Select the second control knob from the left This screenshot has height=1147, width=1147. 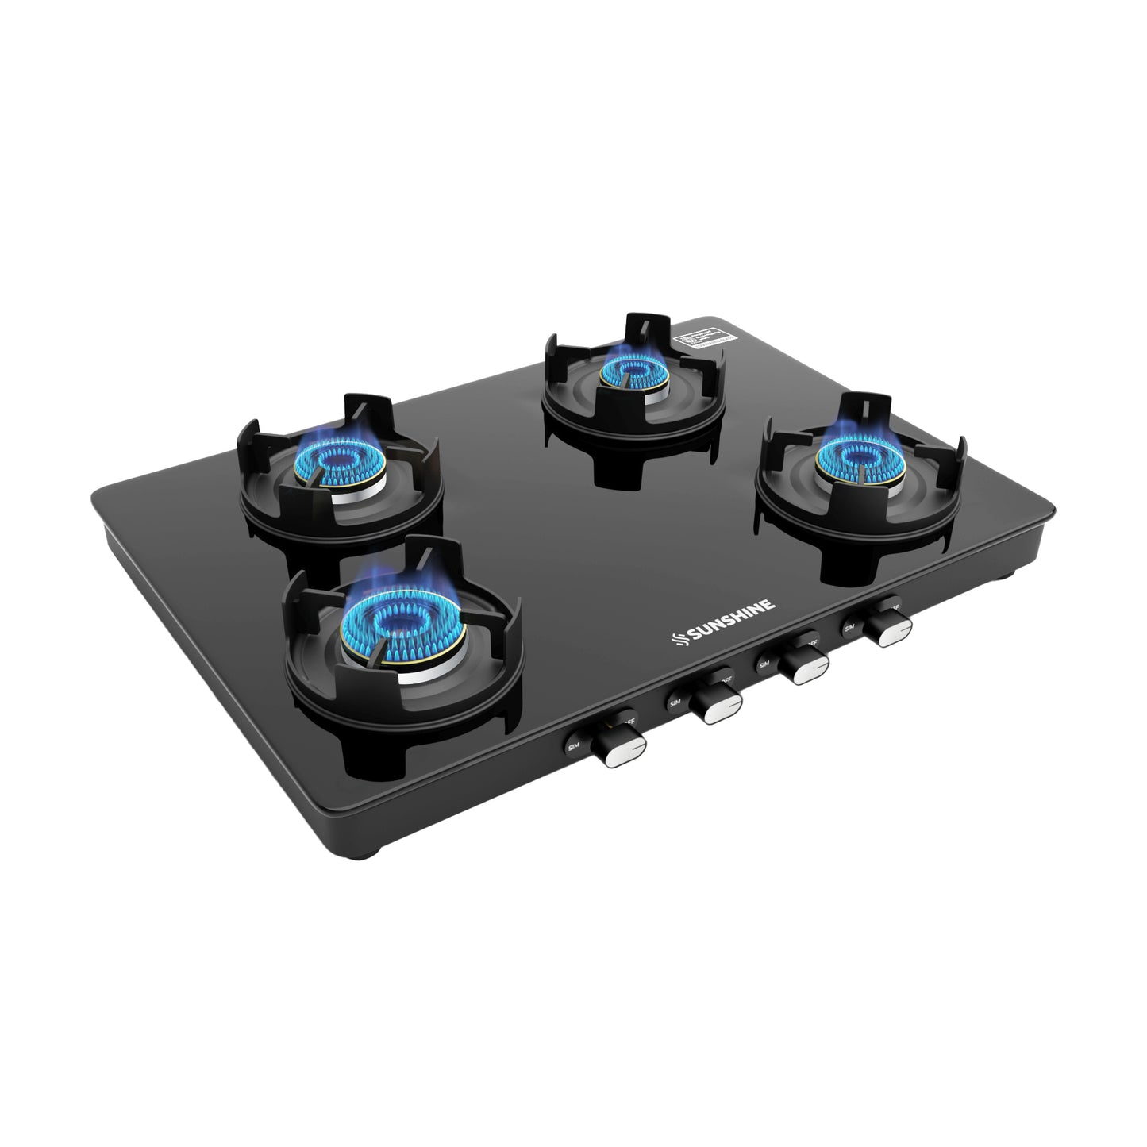click(714, 705)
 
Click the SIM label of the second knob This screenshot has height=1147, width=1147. click(675, 702)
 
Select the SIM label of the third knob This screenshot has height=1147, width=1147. click(765, 663)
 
